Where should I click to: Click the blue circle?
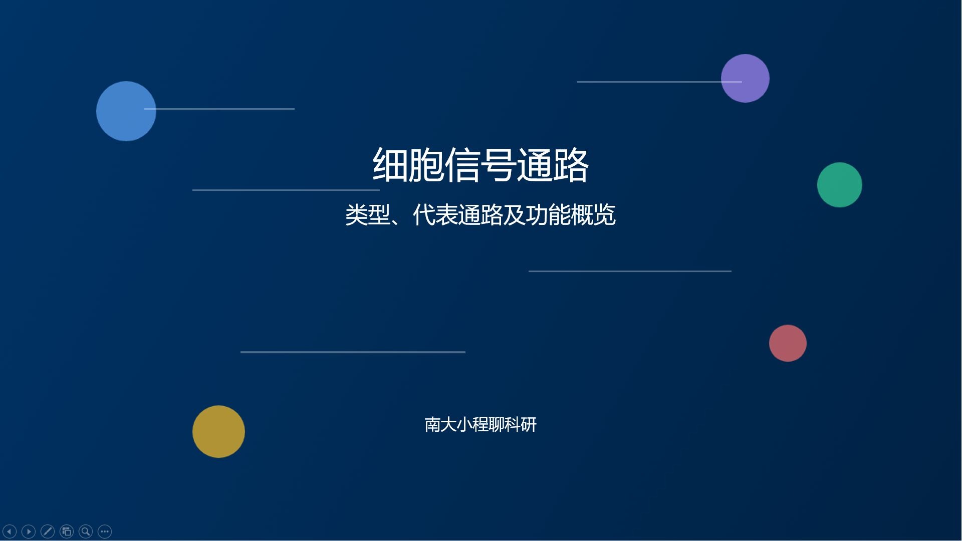pos(126,111)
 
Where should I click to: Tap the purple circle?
pos(745,78)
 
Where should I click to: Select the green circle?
pos(839,185)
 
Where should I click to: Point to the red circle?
pos(788,343)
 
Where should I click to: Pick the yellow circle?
pos(218,431)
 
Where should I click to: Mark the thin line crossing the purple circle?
pos(651,82)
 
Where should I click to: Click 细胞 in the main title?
pos(408,165)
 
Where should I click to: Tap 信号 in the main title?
pos(480,165)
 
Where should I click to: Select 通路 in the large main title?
pos(552,165)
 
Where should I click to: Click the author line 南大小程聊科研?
pos(480,425)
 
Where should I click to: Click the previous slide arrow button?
pos(10,531)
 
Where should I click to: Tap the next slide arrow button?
pos(29,531)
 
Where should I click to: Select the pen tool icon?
pos(48,531)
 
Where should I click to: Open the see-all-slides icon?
pos(67,531)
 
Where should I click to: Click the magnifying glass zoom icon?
pos(86,531)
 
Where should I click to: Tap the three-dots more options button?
pos(105,531)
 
